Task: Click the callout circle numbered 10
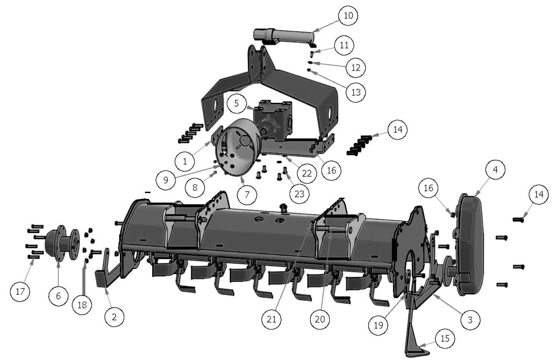pyautogui.click(x=348, y=16)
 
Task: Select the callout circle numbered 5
pyautogui.click(x=236, y=103)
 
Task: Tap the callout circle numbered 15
pyautogui.click(x=445, y=338)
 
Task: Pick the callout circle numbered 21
pyautogui.click(x=271, y=319)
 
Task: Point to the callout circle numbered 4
pyautogui.click(x=495, y=170)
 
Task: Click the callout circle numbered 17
pyautogui.click(x=20, y=291)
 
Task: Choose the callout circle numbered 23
pyautogui.click(x=299, y=194)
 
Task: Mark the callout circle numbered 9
pyautogui.click(x=166, y=180)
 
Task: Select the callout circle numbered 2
pyautogui.click(x=114, y=317)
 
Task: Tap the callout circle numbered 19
pyautogui.click(x=378, y=325)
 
